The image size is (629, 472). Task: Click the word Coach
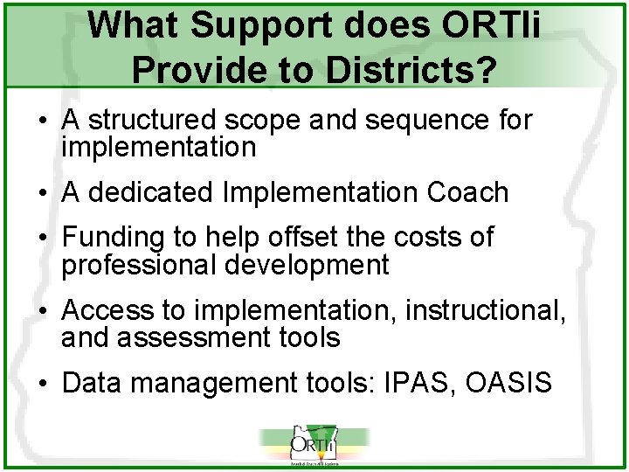(467, 192)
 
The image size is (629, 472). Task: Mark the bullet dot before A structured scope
(42, 121)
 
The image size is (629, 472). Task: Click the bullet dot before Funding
(42, 238)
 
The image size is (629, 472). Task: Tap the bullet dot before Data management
(42, 383)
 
